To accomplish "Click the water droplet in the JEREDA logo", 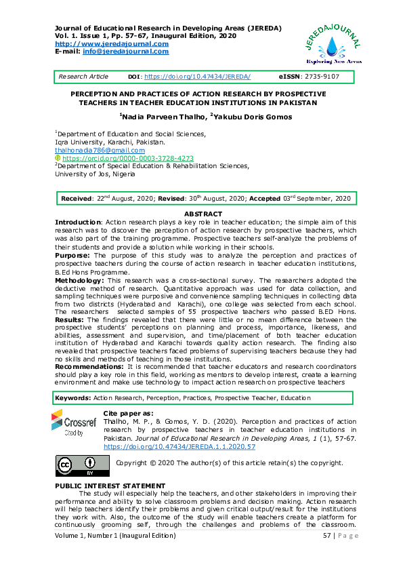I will [x=331, y=45].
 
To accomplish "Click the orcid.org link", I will [x=123, y=158].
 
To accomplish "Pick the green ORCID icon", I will [x=58, y=158].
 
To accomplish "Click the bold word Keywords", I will [x=72, y=397].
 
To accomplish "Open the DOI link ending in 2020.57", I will [x=179, y=448].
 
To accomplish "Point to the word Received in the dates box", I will [x=77, y=199].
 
